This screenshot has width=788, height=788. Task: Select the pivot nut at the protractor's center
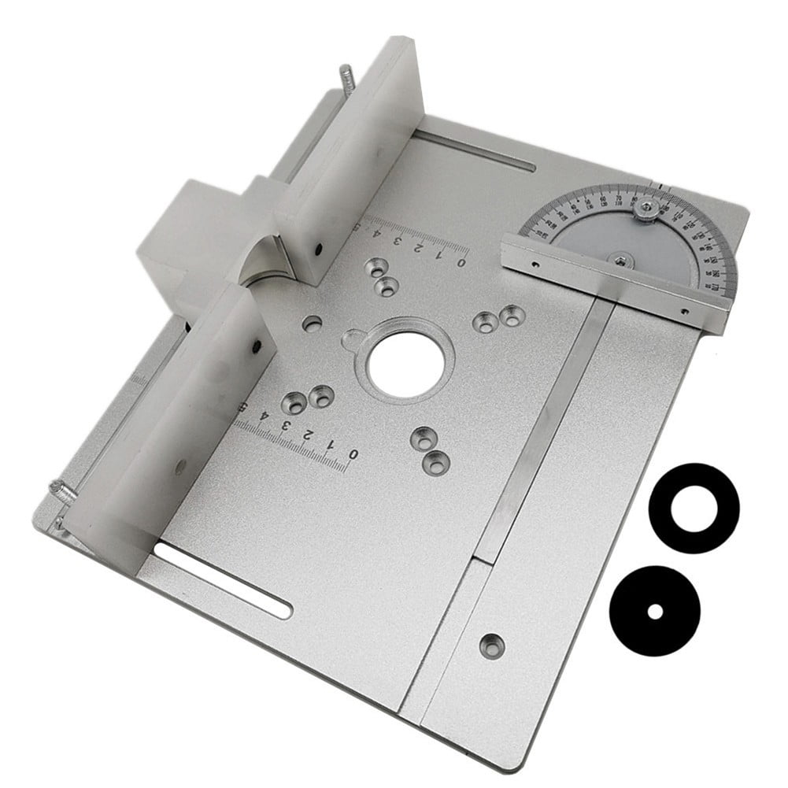[621, 257]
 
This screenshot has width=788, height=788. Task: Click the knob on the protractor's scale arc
[646, 208]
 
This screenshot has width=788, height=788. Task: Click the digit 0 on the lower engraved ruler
[353, 455]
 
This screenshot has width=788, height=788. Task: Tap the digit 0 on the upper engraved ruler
[461, 262]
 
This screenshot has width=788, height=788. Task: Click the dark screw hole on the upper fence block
[320, 250]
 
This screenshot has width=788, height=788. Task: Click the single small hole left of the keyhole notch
[313, 323]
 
